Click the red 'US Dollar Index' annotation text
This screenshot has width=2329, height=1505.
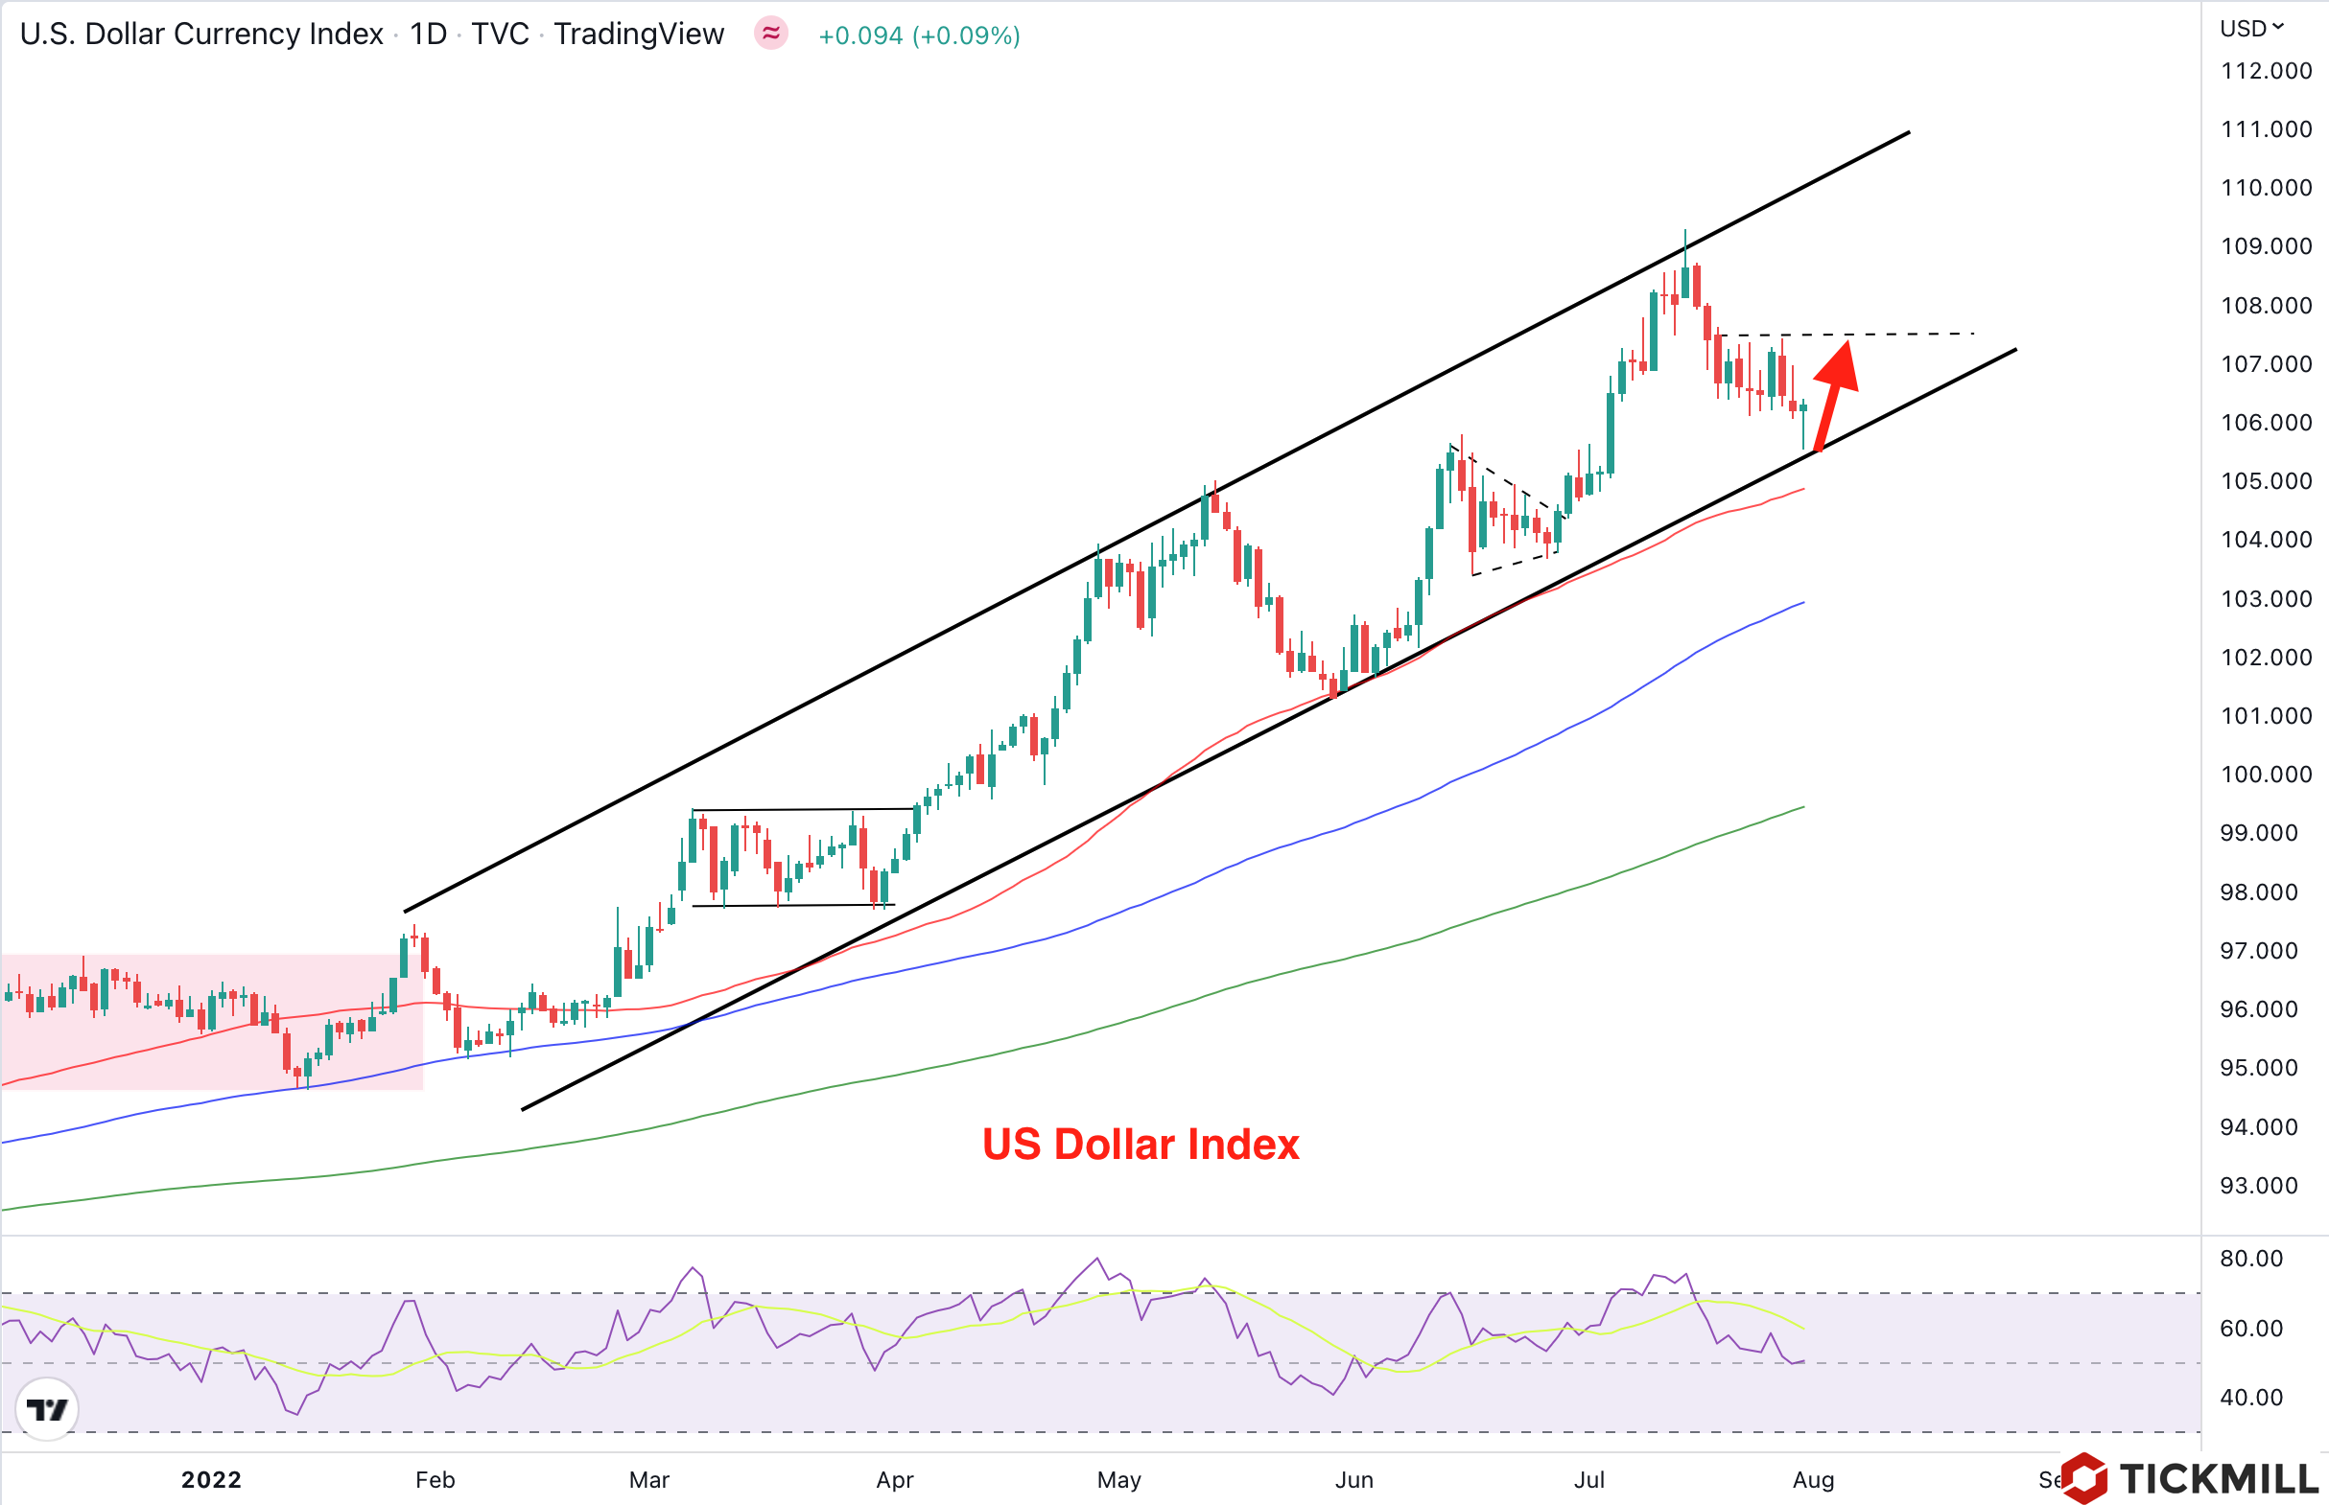point(1141,1145)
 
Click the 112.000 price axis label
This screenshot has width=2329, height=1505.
point(2266,71)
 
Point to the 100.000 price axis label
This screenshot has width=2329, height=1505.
point(2266,775)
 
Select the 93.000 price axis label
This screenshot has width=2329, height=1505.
point(2259,1186)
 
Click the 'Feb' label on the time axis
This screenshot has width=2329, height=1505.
point(435,1479)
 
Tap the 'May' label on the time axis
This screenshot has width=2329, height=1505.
point(1118,1479)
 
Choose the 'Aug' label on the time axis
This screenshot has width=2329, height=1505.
point(1813,1479)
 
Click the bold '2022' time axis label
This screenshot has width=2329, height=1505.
point(211,1479)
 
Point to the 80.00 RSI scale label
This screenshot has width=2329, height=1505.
point(2250,1259)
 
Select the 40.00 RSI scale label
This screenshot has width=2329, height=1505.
point(2250,1398)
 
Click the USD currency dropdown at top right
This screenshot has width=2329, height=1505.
point(2250,29)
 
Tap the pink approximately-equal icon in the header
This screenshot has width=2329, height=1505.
point(770,35)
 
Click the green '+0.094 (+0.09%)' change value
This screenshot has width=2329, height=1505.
point(919,36)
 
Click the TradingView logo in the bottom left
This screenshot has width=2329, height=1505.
point(47,1409)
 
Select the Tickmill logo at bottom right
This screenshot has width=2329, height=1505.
point(2190,1477)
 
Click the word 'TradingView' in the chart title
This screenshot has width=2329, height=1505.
point(639,35)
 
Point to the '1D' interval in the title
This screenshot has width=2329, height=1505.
point(427,35)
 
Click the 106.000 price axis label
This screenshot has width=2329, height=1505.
point(2266,423)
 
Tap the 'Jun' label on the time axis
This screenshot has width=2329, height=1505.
point(1354,1479)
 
